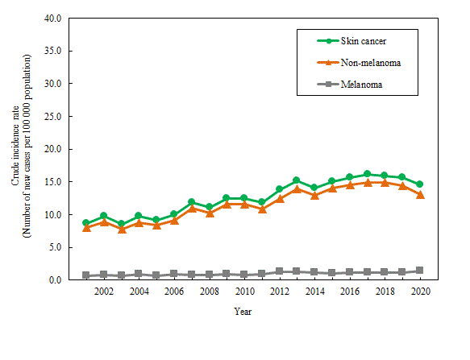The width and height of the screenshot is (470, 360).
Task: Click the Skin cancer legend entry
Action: tap(352, 41)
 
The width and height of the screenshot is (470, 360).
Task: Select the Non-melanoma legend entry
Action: tap(359, 63)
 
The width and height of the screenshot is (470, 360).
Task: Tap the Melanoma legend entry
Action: tap(350, 85)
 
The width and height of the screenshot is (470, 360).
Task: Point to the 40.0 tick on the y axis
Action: tap(52, 19)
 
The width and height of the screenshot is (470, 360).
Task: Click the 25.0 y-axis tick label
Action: tap(52, 117)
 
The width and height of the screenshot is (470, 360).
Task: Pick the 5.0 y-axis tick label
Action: tap(55, 247)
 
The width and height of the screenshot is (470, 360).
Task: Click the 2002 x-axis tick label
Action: tap(104, 292)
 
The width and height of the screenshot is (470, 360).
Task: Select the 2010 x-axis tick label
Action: tap(244, 292)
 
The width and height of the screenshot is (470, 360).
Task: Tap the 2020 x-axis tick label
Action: tap(421, 292)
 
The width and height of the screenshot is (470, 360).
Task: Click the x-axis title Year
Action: tap(243, 312)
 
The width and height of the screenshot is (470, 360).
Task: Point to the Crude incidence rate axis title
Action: tap(15, 146)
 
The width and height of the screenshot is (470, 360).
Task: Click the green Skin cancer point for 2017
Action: tap(367, 174)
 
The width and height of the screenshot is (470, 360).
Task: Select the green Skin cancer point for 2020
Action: tap(420, 184)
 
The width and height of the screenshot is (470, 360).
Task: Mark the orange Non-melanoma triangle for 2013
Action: tap(297, 189)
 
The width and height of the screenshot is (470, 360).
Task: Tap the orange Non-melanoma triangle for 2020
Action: tap(420, 195)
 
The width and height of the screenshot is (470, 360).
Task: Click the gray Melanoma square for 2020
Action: tap(420, 271)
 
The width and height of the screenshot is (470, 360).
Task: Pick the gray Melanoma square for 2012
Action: tap(280, 271)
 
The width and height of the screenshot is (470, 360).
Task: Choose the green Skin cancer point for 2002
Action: tap(104, 216)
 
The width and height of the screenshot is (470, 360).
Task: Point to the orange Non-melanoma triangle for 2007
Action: tap(192, 208)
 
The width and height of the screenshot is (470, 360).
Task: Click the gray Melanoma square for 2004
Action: tap(139, 274)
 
